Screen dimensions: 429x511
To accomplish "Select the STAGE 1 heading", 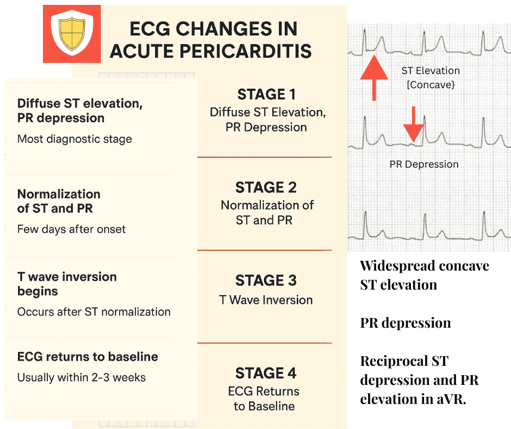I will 266,94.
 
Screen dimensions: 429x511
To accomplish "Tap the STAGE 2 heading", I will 266,187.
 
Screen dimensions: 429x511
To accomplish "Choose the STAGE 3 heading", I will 266,280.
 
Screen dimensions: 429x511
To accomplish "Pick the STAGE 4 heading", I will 266,373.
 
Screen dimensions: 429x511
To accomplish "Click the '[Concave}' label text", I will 430,85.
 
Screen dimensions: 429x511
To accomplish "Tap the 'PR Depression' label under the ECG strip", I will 424,164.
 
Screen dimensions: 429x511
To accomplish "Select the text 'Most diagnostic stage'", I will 74,139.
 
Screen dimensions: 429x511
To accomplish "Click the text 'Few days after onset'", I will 71,229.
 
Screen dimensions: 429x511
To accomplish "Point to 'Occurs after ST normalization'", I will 94,312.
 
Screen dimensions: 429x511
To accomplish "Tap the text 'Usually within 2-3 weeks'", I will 82,377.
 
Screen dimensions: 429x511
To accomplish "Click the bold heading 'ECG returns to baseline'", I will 88,357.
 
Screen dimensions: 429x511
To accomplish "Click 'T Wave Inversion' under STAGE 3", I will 266,300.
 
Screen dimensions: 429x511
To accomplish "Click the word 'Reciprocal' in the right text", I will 389,361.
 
